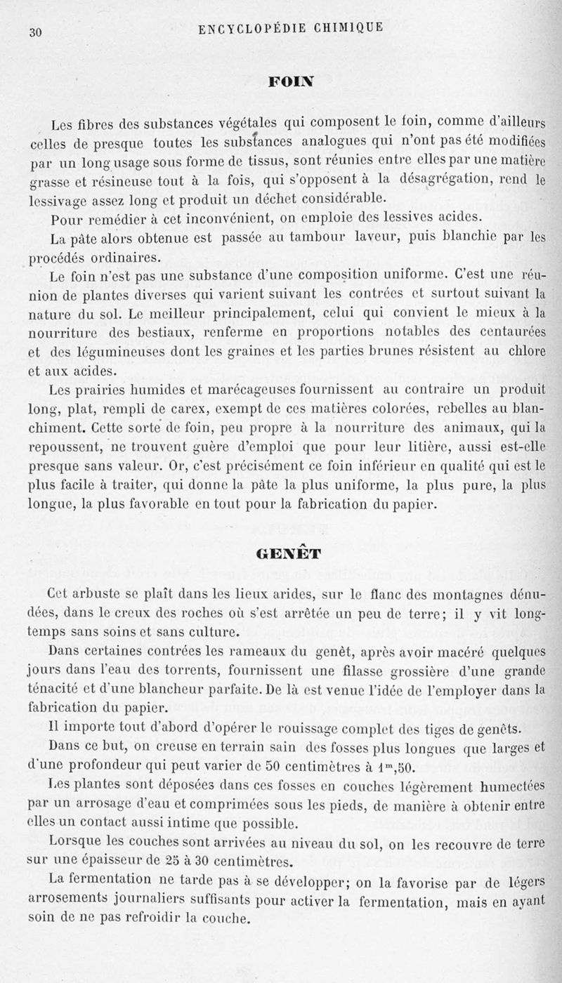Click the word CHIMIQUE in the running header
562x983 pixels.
click(x=348, y=28)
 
